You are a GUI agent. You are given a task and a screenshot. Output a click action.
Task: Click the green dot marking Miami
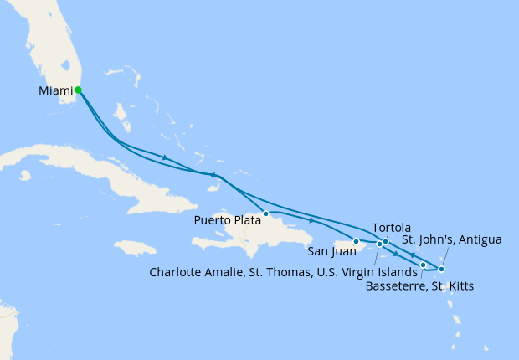[x=78, y=90]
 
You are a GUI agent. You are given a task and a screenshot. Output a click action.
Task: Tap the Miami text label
[x=55, y=90]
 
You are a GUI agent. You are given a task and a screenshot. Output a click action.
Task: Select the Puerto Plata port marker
[x=265, y=213]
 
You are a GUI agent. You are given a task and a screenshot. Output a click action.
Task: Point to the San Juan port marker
[x=357, y=242]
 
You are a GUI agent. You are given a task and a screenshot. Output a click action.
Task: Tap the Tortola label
[x=391, y=228]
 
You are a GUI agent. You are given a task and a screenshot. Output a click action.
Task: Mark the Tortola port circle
[x=385, y=242]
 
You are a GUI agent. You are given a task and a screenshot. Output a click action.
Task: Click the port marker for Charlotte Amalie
[x=379, y=244]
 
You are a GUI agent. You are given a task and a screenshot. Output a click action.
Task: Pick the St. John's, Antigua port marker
[x=441, y=269]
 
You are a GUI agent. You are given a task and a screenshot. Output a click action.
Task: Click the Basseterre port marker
[x=423, y=265]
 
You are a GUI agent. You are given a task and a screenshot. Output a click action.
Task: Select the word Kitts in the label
[x=459, y=286]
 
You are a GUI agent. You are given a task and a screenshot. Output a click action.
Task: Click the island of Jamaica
[x=136, y=248]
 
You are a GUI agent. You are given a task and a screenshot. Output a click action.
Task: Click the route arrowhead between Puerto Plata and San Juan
[x=311, y=220]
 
